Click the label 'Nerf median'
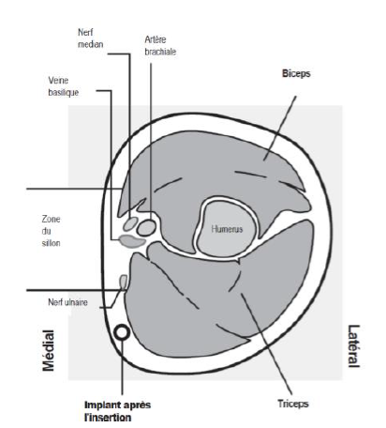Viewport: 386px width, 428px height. click(x=90, y=38)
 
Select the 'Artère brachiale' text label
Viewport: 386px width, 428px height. click(x=160, y=46)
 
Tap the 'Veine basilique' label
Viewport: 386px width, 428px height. click(x=63, y=86)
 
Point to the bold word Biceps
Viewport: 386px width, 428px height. click(x=296, y=73)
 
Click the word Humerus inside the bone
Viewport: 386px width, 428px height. click(x=227, y=229)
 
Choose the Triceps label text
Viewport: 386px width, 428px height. click(x=293, y=404)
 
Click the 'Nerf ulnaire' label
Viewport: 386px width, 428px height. click(x=67, y=302)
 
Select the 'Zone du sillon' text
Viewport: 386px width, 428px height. click(x=51, y=231)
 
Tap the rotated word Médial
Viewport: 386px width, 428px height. click(x=49, y=350)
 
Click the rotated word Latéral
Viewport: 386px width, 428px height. click(x=353, y=346)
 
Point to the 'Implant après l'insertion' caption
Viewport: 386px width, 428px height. click(x=117, y=411)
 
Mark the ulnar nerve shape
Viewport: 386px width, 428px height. click(x=124, y=282)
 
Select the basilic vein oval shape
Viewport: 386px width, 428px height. click(x=132, y=241)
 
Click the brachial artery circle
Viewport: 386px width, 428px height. click(x=146, y=227)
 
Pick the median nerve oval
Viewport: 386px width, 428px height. click(x=130, y=223)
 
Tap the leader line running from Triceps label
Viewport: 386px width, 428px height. click(x=266, y=344)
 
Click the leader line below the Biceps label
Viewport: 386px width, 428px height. click(x=280, y=129)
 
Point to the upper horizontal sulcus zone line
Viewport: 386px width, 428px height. click(x=74, y=189)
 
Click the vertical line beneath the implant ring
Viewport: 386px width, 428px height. click(x=122, y=367)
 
